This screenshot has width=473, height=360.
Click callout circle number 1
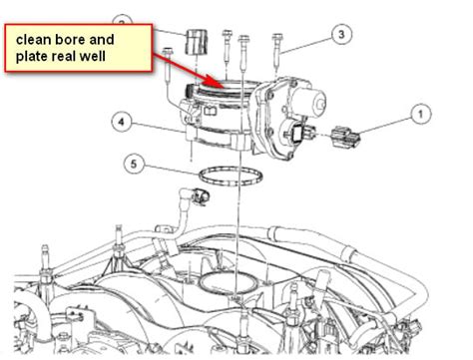pyautogui.click(x=420, y=114)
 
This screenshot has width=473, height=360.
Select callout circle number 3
pyautogui.click(x=341, y=34)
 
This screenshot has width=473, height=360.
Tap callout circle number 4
pyautogui.click(x=121, y=123)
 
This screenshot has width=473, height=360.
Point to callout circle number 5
pyautogui.click(x=134, y=164)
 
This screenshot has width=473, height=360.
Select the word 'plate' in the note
pyautogui.click(x=31, y=57)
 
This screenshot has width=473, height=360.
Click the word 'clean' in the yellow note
pyautogui.click(x=33, y=40)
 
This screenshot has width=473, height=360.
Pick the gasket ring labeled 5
pyautogui.click(x=231, y=176)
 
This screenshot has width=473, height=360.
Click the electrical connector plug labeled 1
pyautogui.click(x=346, y=137)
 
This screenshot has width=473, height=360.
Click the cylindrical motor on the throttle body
pyautogui.click(x=309, y=100)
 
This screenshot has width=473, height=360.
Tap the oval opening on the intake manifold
pyautogui.click(x=229, y=284)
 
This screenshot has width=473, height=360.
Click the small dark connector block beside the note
pyautogui.click(x=196, y=41)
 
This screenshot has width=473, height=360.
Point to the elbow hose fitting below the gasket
pyautogui.click(x=195, y=196)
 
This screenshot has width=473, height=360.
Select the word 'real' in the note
pyautogui.click(x=63, y=56)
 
